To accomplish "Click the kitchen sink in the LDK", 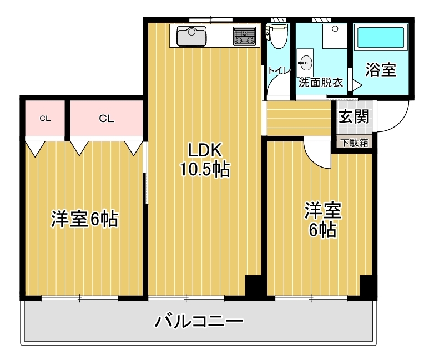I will click(191, 36).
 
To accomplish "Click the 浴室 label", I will click(381, 69).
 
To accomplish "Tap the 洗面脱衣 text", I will click(321, 83).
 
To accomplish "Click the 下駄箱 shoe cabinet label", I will click(354, 143).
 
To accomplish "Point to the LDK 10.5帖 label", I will click(204, 160).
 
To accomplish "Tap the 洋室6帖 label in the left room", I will click(84, 219).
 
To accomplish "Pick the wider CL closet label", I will click(107, 118).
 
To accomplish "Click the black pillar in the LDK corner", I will click(253, 285).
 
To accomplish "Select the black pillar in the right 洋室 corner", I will click(367, 285).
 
